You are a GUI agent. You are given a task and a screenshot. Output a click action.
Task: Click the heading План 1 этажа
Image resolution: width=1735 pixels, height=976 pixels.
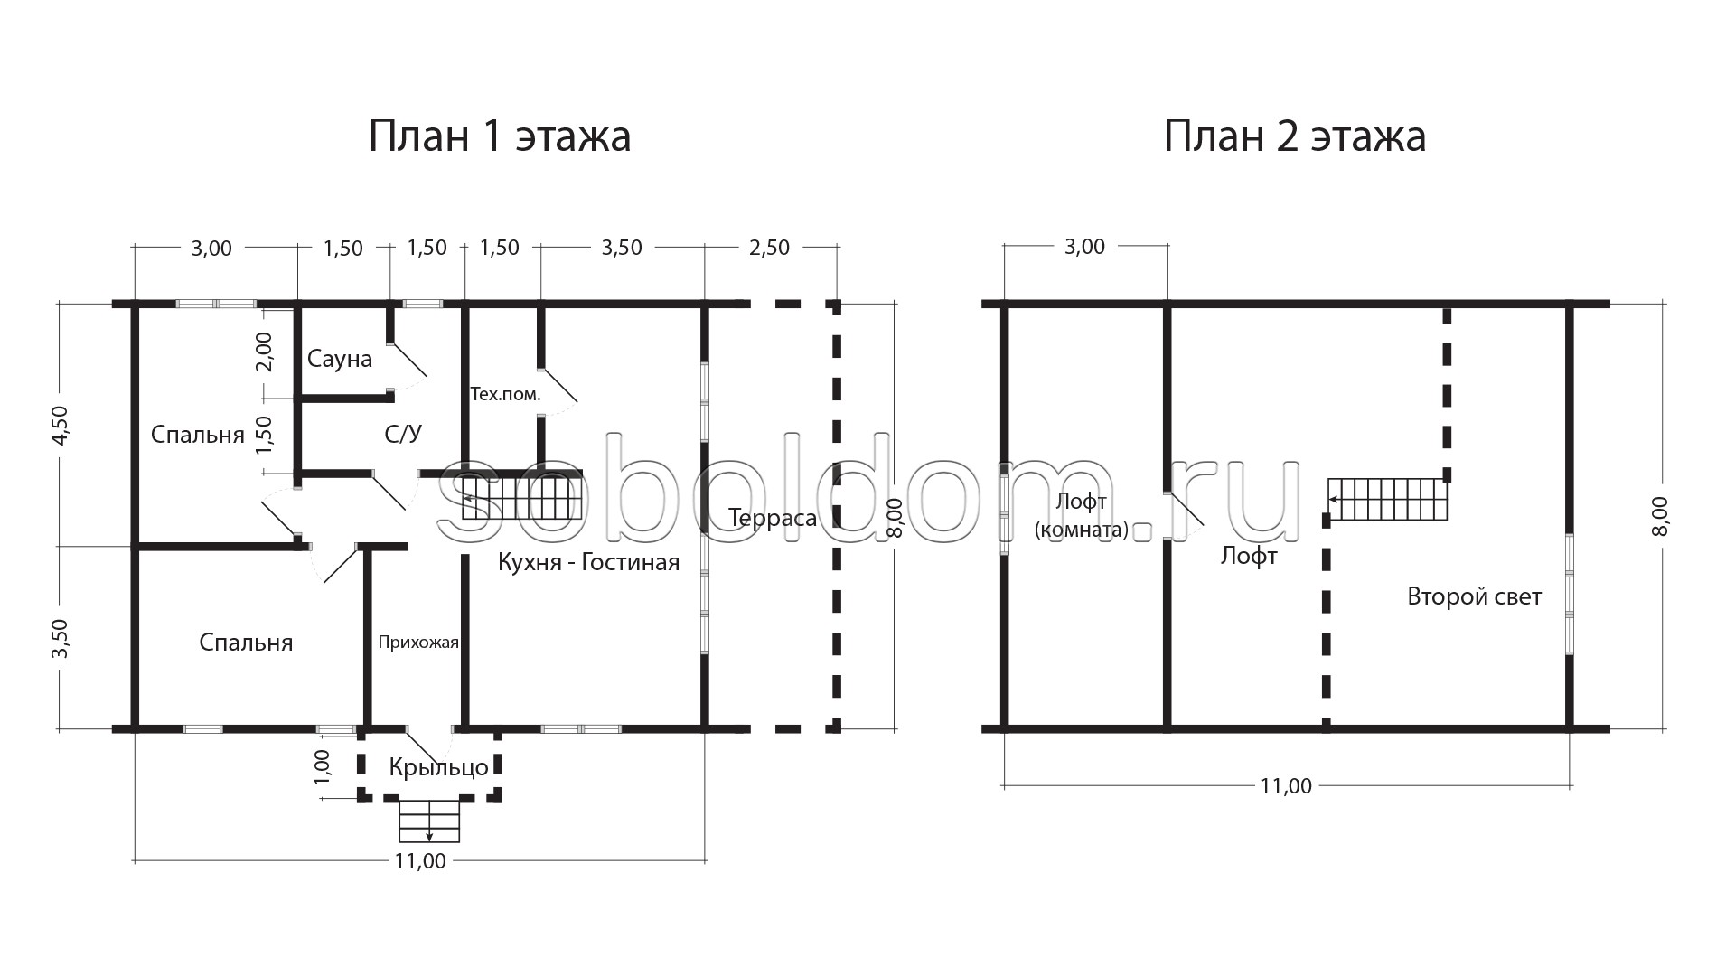coord(499,137)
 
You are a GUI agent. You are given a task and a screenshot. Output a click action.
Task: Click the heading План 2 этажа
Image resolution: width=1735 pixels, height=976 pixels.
coord(1294,137)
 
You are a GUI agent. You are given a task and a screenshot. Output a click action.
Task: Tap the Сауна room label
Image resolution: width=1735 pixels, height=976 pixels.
coord(340,359)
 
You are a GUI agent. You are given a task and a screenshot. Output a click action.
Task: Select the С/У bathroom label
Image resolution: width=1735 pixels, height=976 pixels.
coord(403,434)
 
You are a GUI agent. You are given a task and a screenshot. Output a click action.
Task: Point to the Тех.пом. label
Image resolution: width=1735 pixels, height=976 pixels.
coord(505,394)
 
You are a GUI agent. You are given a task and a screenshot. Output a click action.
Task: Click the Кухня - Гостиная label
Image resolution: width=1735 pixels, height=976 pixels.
coord(588,563)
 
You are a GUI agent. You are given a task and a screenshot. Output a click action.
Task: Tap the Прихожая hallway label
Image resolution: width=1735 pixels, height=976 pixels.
coord(418,643)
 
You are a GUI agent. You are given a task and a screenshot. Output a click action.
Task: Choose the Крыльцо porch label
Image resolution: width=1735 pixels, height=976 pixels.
coord(439,768)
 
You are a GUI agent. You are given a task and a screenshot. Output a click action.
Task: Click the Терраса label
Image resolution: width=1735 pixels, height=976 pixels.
coord(773,518)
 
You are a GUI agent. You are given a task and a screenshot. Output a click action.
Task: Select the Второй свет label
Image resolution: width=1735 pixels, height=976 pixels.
coord(1475,596)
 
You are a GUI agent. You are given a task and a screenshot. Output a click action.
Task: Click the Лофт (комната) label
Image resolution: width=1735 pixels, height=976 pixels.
coord(1082,516)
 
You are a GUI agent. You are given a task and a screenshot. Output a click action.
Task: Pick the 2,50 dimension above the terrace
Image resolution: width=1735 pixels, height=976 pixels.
coord(770,248)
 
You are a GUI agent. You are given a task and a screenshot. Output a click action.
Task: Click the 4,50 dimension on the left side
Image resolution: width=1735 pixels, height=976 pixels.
coord(60,425)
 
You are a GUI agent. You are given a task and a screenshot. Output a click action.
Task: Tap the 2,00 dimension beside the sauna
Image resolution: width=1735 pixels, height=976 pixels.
coord(264,352)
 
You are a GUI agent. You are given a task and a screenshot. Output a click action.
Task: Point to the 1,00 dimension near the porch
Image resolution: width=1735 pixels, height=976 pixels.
coord(324,766)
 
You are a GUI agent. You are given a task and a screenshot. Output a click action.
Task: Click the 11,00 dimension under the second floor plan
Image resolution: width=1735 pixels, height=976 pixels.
coord(1286,786)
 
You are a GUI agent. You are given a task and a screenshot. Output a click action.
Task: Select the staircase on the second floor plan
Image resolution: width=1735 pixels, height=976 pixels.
coord(1388,500)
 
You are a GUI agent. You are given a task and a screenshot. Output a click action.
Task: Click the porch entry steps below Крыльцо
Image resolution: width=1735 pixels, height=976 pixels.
coord(429,821)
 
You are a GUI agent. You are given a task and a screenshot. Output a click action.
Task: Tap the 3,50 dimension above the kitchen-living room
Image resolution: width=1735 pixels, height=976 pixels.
coord(622,248)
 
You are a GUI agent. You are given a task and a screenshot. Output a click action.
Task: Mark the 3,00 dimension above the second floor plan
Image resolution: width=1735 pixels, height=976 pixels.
coord(1084,247)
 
